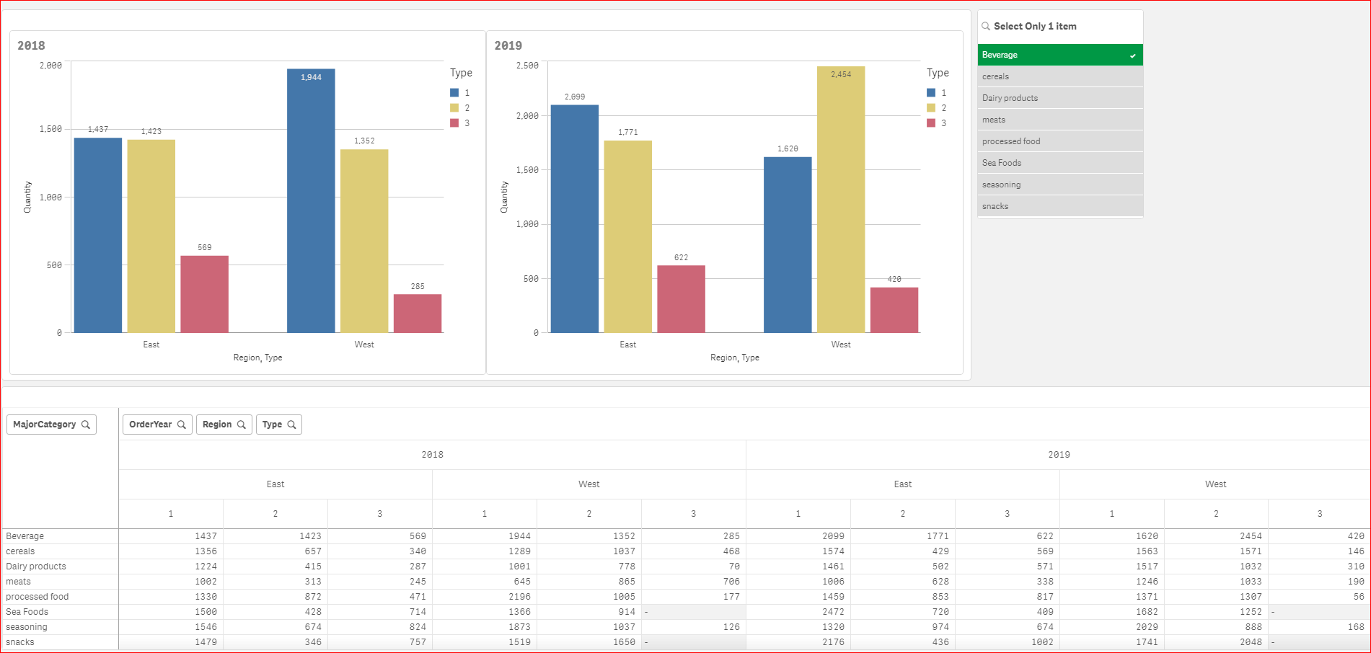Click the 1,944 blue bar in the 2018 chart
[x=311, y=202]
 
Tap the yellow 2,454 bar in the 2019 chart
[x=841, y=202]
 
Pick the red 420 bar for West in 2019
[x=894, y=310]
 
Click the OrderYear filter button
[x=157, y=425]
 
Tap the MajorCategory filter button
[x=51, y=425]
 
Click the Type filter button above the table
[x=278, y=425]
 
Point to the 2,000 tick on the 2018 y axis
[x=50, y=66]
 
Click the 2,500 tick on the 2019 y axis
[x=527, y=66]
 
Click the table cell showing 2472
[x=833, y=612]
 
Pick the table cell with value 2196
[x=519, y=597]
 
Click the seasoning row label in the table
[x=27, y=627]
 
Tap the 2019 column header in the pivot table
[x=1058, y=455]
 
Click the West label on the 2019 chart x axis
[x=841, y=345]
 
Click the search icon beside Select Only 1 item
[x=986, y=26]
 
